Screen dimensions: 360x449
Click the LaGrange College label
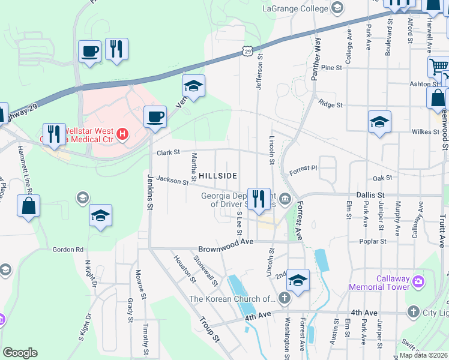(x=295, y=8)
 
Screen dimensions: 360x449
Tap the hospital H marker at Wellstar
(x=122, y=133)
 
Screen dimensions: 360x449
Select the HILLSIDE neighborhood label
(x=218, y=175)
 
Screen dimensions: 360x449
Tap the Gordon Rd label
(x=68, y=250)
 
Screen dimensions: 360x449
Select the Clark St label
(x=169, y=152)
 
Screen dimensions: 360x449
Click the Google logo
(x=20, y=353)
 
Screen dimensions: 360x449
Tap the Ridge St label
(x=331, y=104)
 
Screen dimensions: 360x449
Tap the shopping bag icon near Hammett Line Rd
(x=29, y=206)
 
